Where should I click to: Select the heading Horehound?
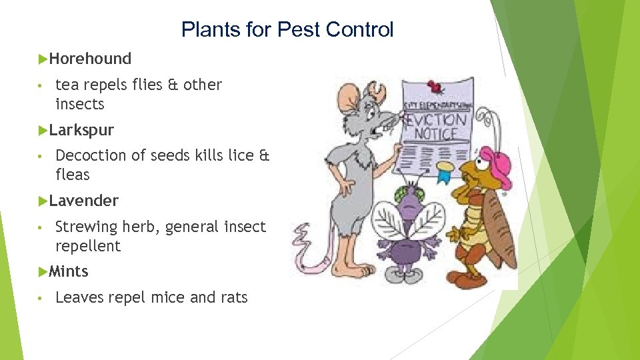coord(90,59)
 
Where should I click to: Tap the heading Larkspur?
coord(81,129)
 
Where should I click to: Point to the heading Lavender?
coord(84,201)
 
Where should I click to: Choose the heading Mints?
coord(69,271)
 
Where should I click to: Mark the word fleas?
coord(73,175)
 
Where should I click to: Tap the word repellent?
coord(88,246)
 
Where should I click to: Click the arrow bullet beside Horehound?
coord(43,59)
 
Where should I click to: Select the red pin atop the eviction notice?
coord(437,86)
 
